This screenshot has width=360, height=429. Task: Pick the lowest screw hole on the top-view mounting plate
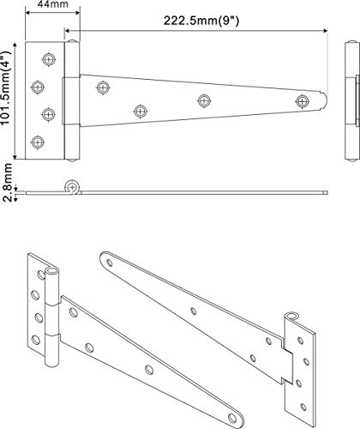coord(36,142)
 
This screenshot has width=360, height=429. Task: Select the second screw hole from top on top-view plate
coord(37,87)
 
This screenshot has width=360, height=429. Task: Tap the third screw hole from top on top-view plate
coord(48,114)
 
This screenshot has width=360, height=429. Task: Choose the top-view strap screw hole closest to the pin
coord(103,87)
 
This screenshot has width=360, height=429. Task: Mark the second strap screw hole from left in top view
coord(141,111)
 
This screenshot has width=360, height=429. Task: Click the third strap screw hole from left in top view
coord(203,100)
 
